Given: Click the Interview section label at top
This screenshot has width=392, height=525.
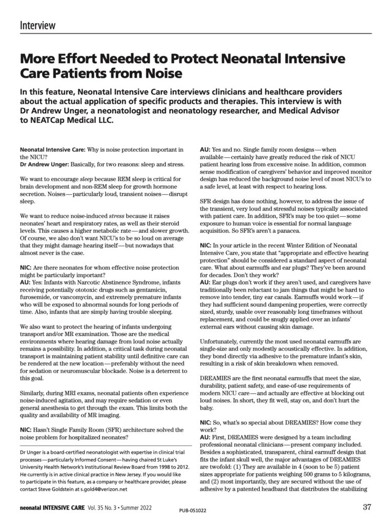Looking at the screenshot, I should [38, 25].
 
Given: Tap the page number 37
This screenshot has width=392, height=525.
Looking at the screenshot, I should [366, 508].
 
